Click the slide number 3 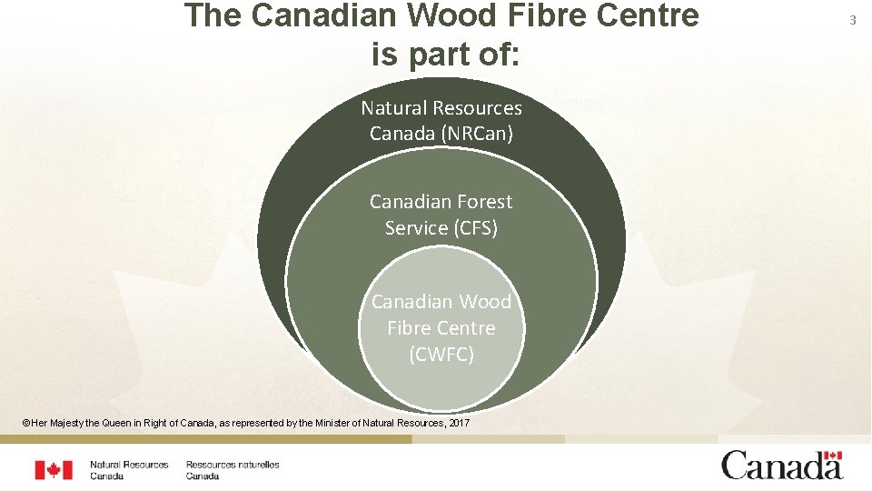(853, 20)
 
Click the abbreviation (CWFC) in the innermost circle (441, 355)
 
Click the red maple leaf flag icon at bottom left (54, 469)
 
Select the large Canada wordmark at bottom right (781, 467)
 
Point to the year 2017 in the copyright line (459, 424)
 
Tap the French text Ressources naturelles (233, 465)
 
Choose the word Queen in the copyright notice (126, 424)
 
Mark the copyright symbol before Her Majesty (27, 424)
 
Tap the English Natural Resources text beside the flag (129, 465)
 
